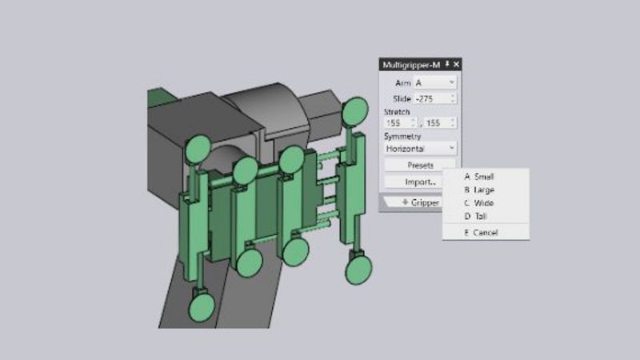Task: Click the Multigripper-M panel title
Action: click(x=411, y=64)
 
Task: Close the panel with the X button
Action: click(x=457, y=64)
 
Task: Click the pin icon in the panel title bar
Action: click(x=447, y=64)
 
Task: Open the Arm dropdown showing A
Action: click(x=435, y=82)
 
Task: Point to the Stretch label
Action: click(x=396, y=111)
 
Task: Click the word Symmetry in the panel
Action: click(x=402, y=136)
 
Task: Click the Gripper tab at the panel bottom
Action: click(x=421, y=202)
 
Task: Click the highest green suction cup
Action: click(x=354, y=109)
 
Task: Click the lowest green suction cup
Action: click(x=199, y=306)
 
